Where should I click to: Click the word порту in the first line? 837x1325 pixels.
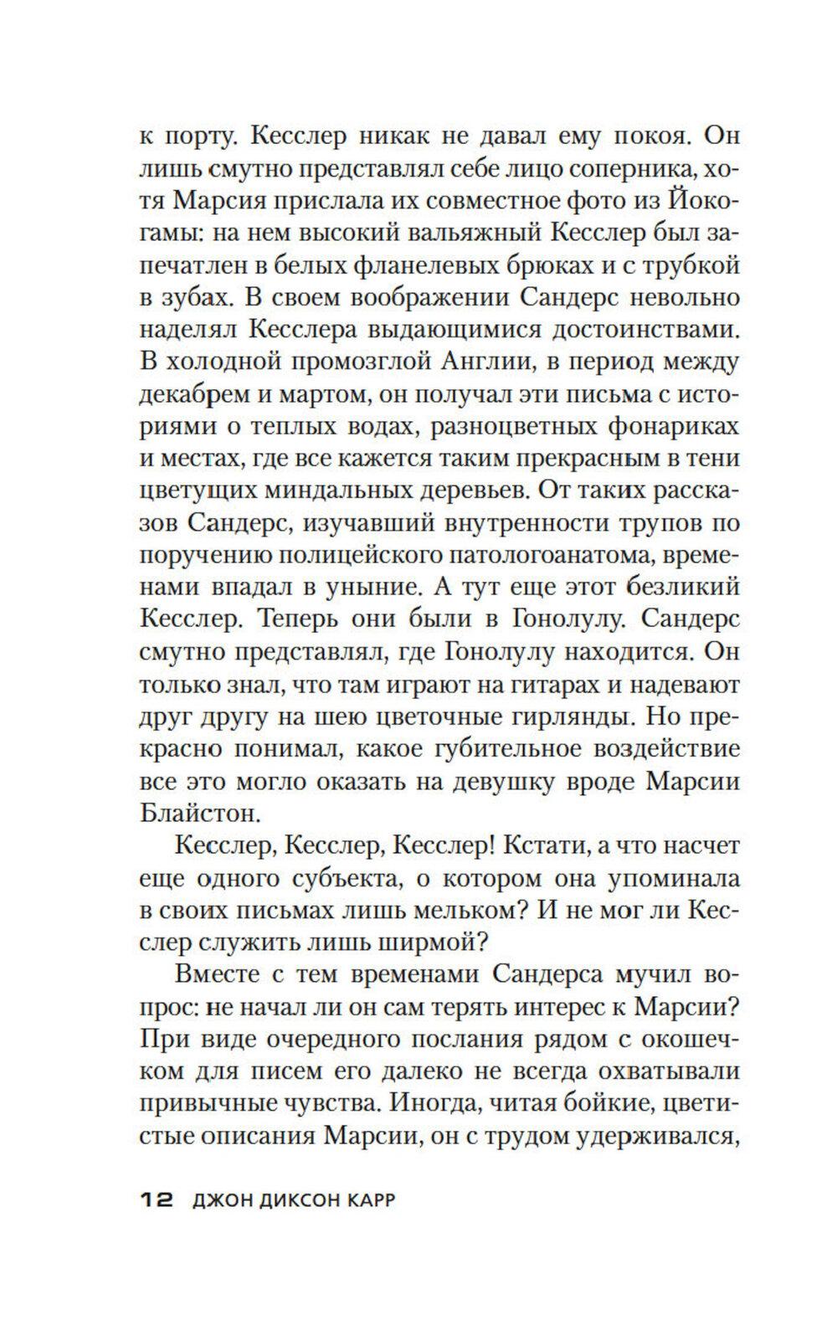click(194, 136)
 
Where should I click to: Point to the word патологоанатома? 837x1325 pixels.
click(531, 557)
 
